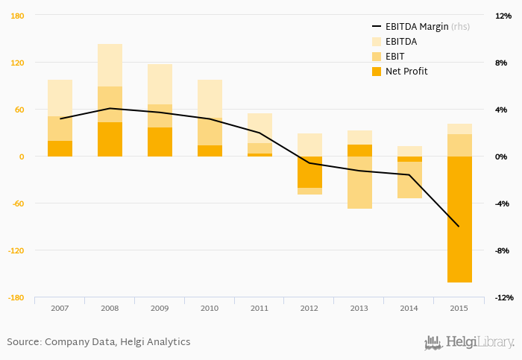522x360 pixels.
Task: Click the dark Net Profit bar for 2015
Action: (459, 219)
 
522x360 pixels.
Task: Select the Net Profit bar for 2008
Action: (110, 139)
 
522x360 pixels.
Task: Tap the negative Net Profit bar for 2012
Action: (309, 172)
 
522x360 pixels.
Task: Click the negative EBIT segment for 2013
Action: (359, 183)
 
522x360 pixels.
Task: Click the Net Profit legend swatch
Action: (376, 72)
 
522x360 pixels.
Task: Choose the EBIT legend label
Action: (395, 57)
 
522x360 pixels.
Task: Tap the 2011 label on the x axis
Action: (260, 307)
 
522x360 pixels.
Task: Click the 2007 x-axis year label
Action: (60, 307)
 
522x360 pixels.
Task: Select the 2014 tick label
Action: (409, 307)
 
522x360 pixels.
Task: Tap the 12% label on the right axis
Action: (502, 16)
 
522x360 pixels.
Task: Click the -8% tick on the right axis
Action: (502, 250)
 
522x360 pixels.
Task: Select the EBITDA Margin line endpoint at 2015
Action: (459, 227)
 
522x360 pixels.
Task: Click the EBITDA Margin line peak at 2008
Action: (110, 108)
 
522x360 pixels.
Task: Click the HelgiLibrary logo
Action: (470, 342)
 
